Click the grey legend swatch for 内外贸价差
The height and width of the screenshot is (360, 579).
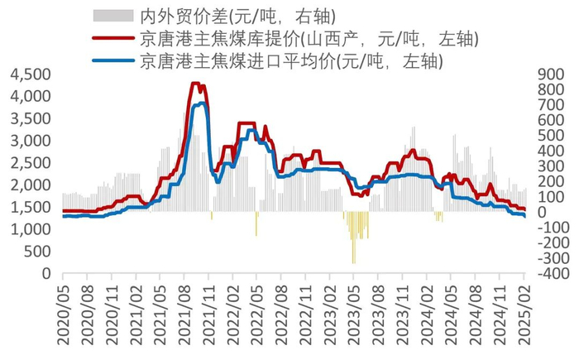tap(112, 15)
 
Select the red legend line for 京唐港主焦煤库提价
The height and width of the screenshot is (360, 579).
tap(112, 38)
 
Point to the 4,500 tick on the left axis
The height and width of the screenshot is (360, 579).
tap(30, 74)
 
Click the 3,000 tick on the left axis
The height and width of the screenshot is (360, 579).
tap(30, 141)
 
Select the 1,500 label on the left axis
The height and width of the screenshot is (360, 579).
tap(30, 207)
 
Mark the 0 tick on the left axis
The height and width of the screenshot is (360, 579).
tap(46, 273)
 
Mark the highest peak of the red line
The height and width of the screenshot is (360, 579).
tap(195, 83)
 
